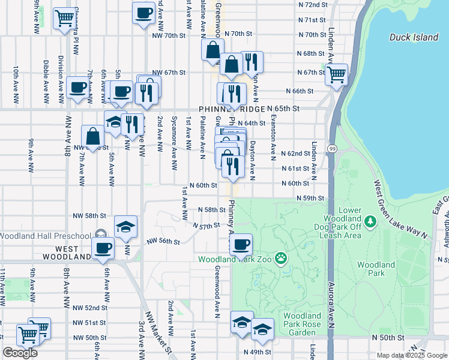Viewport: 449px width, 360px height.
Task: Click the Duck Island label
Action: [x=414, y=37]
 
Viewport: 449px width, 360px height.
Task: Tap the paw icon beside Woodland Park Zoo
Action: [x=280, y=259]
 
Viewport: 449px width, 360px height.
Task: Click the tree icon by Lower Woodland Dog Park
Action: [x=370, y=223]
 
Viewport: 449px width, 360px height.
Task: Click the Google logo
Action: [x=20, y=353]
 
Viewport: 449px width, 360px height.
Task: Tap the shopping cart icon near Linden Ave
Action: [x=337, y=74]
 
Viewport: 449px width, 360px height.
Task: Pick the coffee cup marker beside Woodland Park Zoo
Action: [x=241, y=244]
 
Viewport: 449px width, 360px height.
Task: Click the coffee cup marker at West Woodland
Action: [x=102, y=248]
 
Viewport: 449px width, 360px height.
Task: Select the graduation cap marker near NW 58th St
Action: [x=125, y=227]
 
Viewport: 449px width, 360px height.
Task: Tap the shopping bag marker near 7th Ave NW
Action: [x=94, y=136]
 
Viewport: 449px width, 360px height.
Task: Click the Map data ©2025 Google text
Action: [x=411, y=355]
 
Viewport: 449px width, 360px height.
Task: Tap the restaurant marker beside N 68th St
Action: [x=252, y=62]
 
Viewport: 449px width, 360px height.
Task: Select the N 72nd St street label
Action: [x=312, y=4]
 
